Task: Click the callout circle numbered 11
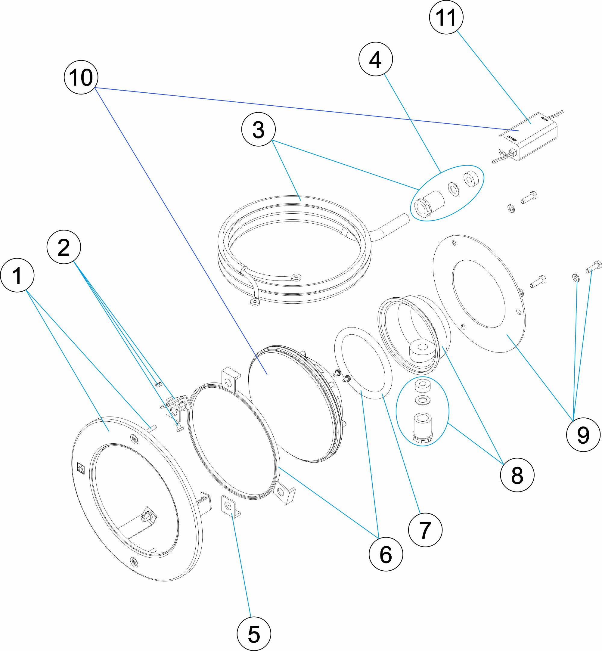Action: (x=446, y=17)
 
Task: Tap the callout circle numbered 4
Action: (x=375, y=59)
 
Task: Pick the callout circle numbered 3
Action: (x=258, y=129)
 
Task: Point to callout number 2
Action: (x=64, y=247)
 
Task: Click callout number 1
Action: (x=17, y=275)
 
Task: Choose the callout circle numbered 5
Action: (x=254, y=634)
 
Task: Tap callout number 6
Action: (x=386, y=554)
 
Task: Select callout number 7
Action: (x=425, y=530)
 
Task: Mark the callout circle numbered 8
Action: (x=517, y=475)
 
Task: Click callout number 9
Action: (x=583, y=435)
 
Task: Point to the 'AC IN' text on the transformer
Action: (x=544, y=119)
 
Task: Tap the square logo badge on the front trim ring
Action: (x=80, y=468)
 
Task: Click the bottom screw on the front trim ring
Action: (x=134, y=561)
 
